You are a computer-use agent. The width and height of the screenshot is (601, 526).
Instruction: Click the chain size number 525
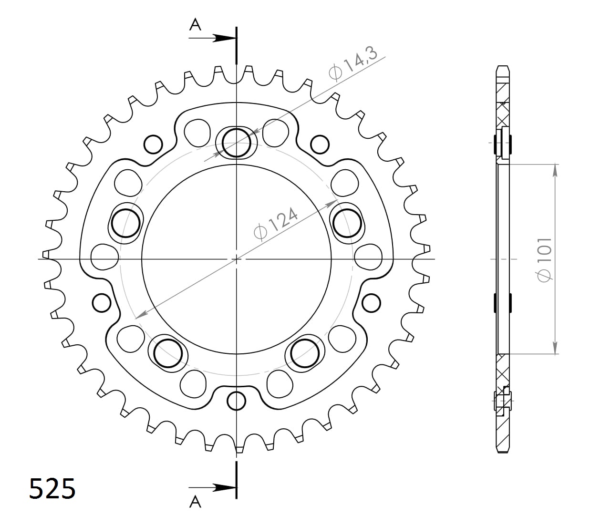pyautogui.click(x=52, y=489)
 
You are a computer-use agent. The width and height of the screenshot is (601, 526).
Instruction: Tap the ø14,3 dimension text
pyautogui.click(x=353, y=63)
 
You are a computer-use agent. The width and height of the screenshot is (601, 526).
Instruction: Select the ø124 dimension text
pyautogui.click(x=276, y=223)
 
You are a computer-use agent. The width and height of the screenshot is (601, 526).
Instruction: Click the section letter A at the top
pyautogui.click(x=195, y=25)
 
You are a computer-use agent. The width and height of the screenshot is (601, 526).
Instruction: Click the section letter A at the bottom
pyautogui.click(x=195, y=501)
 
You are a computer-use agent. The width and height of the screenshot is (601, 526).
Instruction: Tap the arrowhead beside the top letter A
pyautogui.click(x=224, y=38)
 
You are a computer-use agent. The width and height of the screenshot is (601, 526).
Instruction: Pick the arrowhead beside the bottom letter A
pyautogui.click(x=224, y=487)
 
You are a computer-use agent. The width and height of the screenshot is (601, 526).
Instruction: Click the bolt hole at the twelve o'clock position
pyautogui.click(x=236, y=143)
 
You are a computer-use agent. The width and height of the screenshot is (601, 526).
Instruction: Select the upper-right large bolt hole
pyautogui.click(x=347, y=223)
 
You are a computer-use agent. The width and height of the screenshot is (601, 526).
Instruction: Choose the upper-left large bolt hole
pyautogui.click(x=125, y=223)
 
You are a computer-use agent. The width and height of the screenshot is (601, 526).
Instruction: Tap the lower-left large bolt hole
pyautogui.click(x=168, y=353)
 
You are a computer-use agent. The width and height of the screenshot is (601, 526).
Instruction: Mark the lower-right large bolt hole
pyautogui.click(x=305, y=353)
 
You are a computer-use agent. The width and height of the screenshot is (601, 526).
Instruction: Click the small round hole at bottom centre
pyautogui.click(x=237, y=401)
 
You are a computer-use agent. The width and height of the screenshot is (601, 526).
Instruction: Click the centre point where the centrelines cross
pyautogui.click(x=237, y=259)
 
